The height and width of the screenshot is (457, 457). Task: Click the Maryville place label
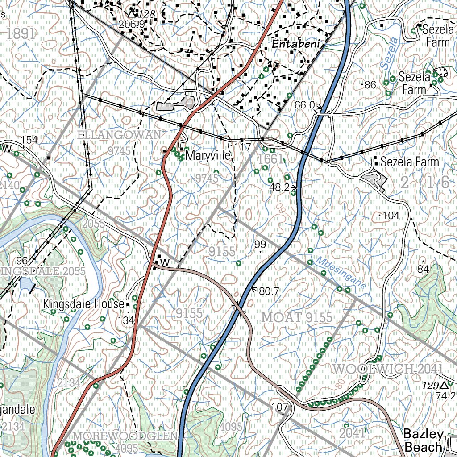point(208,156)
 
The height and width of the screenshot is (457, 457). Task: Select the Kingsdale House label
point(83,304)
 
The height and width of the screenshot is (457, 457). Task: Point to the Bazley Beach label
point(424,440)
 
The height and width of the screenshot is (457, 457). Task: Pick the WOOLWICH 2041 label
point(387,369)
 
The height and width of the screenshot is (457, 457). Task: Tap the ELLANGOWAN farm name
point(119,135)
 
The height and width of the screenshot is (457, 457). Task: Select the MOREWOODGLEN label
point(125,435)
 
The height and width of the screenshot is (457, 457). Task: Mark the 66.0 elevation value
point(305,105)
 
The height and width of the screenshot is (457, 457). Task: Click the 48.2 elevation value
point(280,187)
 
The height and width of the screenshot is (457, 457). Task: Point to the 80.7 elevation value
point(269,291)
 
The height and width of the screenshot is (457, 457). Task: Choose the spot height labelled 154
point(29,140)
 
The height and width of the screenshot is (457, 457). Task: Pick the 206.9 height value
point(132,24)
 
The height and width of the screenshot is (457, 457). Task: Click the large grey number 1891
point(21,33)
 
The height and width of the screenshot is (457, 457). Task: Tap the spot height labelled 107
point(279,407)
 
